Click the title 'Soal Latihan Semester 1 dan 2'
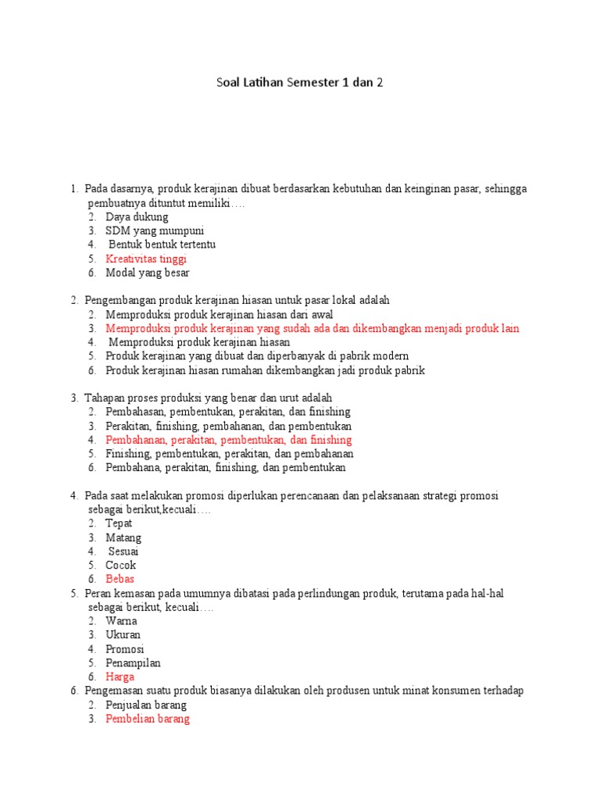coord(300,82)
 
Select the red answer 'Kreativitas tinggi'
coord(146,259)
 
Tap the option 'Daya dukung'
coord(137,216)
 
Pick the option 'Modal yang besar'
coord(148,273)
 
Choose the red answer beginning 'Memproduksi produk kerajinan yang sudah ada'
coord(312,328)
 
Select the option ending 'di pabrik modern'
coord(257,356)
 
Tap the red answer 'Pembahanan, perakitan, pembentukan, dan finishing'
coord(229,440)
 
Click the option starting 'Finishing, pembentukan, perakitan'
coord(230,454)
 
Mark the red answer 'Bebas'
coord(120,579)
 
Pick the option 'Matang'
coord(123,537)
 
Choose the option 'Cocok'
coord(121,565)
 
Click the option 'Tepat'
coord(119,523)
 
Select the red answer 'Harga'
coord(120,677)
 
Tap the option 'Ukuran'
coord(123,635)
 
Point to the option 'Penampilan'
coord(133,663)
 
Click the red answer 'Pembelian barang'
coord(148,719)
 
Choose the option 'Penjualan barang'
coord(146,705)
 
